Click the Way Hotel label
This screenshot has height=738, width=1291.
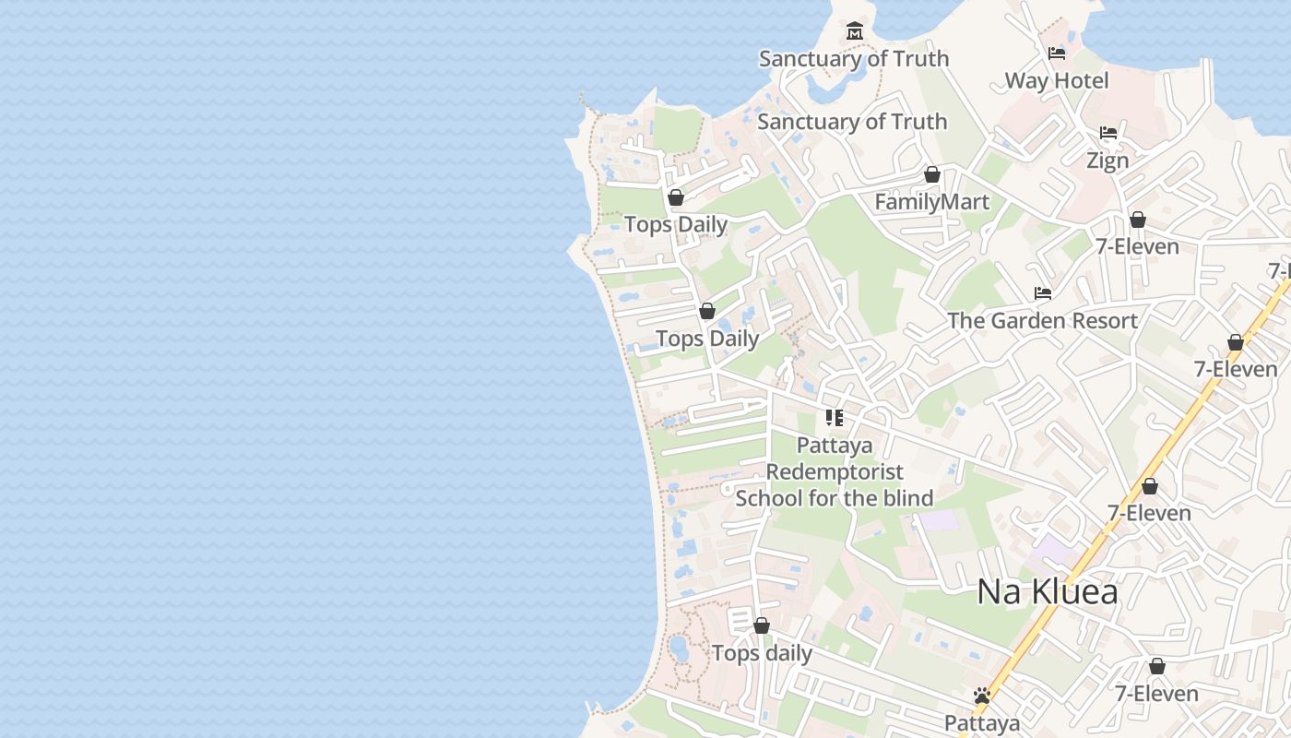click(1056, 80)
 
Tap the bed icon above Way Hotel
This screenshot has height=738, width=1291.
click(1057, 54)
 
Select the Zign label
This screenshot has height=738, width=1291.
click(1107, 161)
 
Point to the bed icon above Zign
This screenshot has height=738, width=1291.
click(1108, 134)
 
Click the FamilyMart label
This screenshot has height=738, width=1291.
click(931, 202)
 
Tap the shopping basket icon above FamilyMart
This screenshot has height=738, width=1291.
click(932, 175)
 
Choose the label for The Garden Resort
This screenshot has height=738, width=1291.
click(1042, 320)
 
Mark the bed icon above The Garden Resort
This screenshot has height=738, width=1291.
click(1043, 293)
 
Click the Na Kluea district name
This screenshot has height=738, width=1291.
click(1048, 591)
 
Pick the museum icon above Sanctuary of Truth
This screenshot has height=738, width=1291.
click(854, 31)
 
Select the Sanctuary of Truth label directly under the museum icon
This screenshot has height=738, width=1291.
click(853, 58)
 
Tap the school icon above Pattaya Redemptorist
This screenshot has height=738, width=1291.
click(835, 418)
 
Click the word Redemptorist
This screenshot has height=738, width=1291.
click(835, 471)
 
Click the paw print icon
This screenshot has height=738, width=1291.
click(982, 696)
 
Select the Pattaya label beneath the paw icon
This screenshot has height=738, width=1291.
click(982, 722)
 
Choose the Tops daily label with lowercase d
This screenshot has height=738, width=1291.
click(762, 653)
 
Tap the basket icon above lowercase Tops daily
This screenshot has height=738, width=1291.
click(762, 626)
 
